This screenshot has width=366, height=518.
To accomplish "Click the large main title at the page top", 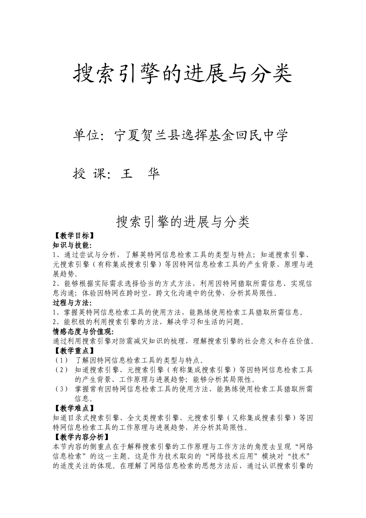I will pyautogui.click(x=183, y=73).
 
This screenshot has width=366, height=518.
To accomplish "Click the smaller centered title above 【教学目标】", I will pyautogui.click(x=183, y=222).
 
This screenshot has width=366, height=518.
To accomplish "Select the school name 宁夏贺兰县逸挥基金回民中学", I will pyautogui.click(x=201, y=135).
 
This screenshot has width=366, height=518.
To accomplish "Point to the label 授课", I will pyautogui.click(x=89, y=174).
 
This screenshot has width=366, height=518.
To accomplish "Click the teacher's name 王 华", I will pyautogui.click(x=140, y=174).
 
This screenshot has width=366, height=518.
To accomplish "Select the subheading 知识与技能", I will pyautogui.click(x=72, y=245).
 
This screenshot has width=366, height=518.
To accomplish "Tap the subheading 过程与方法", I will pyautogui.click(x=72, y=303).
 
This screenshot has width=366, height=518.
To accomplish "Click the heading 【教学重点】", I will pyautogui.click(x=73, y=351).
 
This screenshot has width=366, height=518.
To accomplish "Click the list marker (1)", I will pyautogui.click(x=62, y=360).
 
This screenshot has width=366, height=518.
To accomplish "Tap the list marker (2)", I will pyautogui.click(x=62, y=370).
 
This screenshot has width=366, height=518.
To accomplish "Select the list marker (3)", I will pyautogui.click(x=62, y=389).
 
